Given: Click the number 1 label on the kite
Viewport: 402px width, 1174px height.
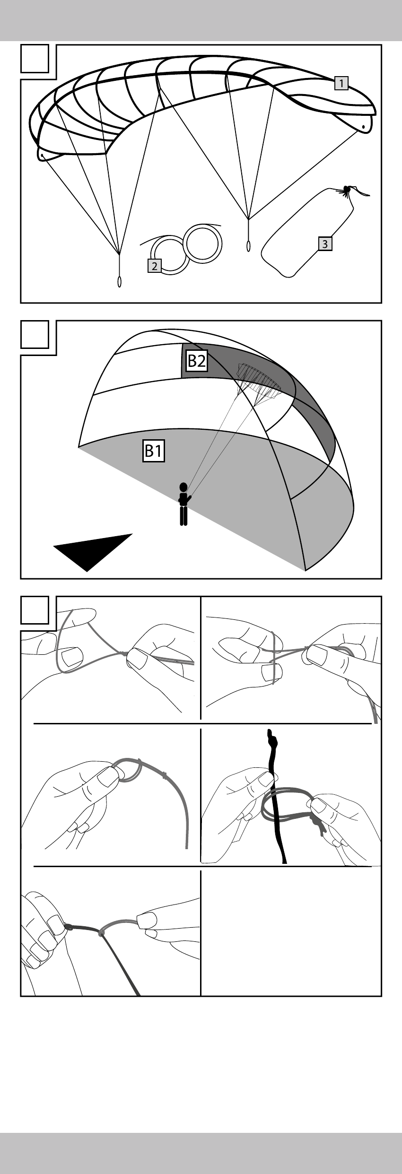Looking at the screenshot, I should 341,83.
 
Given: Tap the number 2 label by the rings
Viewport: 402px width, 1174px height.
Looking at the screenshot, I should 155,266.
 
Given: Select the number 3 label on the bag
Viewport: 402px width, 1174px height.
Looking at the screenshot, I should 325,243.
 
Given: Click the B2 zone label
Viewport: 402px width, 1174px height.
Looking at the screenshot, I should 196,361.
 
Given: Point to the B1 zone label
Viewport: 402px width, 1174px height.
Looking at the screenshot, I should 153,451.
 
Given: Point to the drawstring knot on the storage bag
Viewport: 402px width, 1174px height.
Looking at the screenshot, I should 347,190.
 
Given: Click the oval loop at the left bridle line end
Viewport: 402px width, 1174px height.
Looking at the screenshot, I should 119,281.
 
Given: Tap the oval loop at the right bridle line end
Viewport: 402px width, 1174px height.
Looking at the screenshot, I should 248,246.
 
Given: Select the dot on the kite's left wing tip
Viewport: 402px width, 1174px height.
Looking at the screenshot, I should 43,155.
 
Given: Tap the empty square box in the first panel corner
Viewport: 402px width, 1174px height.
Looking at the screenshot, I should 35,59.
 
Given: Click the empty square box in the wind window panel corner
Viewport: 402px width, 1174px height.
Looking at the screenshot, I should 35,335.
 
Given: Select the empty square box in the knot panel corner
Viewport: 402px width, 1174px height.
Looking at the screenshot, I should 35,610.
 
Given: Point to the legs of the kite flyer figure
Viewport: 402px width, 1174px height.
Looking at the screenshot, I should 184,516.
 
